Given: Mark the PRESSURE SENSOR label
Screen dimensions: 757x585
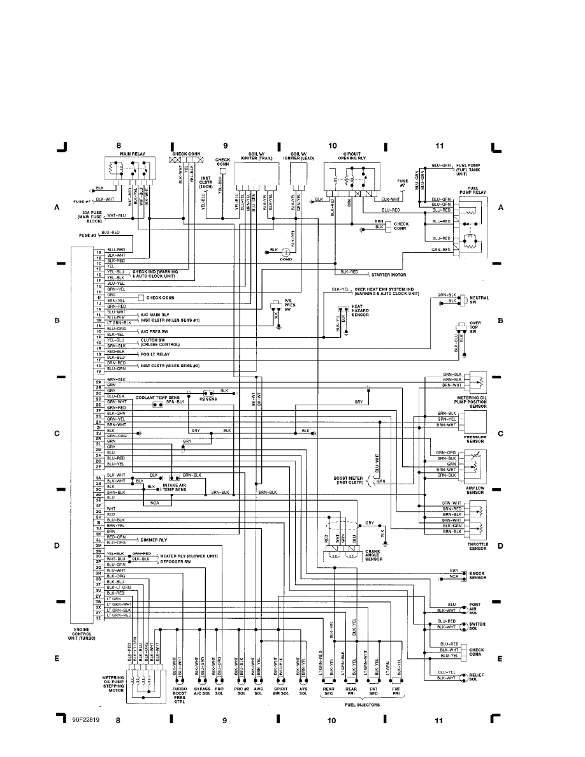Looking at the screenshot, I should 475,438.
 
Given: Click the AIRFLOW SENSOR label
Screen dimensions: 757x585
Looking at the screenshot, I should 475,491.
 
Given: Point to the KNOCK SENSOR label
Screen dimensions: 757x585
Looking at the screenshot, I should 478,575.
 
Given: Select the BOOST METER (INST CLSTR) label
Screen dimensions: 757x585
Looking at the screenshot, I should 348,480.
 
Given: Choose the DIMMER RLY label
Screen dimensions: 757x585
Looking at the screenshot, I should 154,539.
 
